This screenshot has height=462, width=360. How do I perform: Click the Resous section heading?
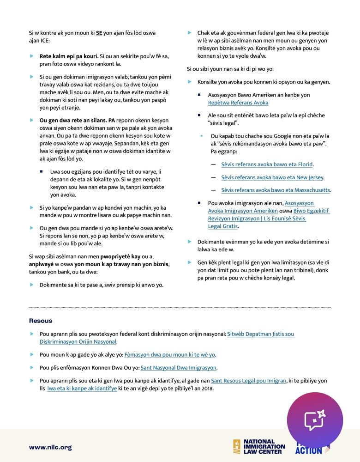41,321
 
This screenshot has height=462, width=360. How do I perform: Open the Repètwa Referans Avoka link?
238,103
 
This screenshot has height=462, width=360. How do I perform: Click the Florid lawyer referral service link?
267,164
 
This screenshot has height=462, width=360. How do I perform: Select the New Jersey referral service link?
272,177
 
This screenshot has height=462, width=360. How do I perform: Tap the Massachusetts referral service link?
276,190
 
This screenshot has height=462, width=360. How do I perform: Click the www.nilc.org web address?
50,447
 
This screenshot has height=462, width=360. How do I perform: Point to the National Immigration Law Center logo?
259,446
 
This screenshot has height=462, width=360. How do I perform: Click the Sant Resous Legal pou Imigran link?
248,381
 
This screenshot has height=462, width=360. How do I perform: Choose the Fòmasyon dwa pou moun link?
170,355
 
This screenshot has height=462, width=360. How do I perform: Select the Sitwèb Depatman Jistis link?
260,334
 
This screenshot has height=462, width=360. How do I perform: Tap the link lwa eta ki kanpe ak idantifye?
82,389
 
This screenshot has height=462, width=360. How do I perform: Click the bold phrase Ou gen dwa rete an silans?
73,120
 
